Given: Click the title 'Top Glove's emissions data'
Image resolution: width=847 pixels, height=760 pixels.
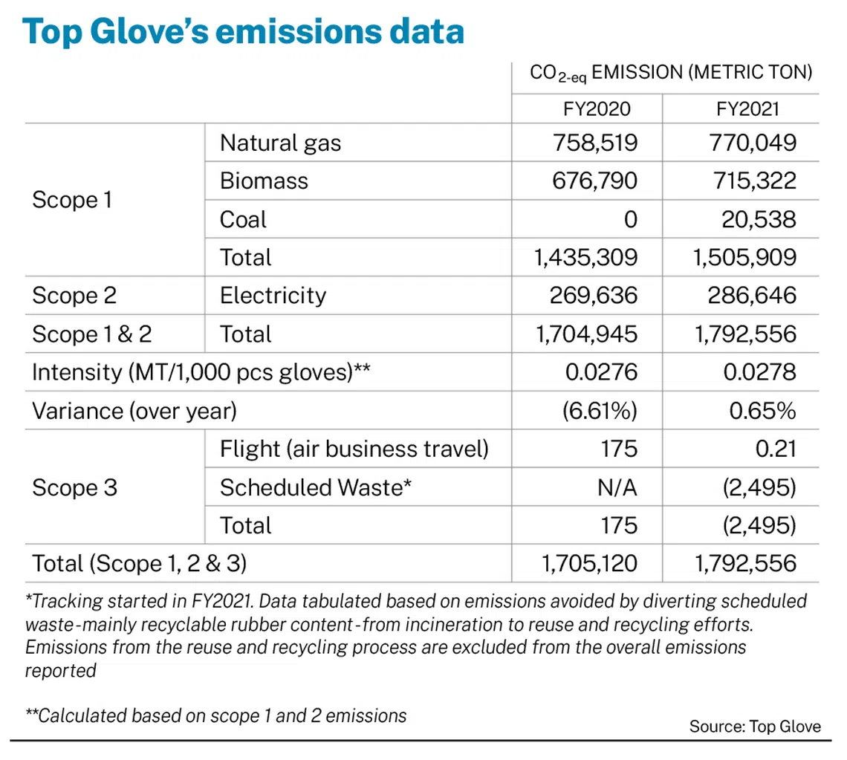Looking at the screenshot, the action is tap(243, 31).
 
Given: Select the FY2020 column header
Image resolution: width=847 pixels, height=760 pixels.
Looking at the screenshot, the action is tap(597, 109).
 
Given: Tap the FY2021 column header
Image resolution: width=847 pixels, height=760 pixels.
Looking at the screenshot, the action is tap(747, 109).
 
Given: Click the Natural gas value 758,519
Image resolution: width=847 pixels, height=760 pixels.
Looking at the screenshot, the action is tap(595, 143).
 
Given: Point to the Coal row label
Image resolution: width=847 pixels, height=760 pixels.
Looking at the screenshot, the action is tap(243, 219).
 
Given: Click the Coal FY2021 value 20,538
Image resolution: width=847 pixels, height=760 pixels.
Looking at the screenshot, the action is tap(759, 219).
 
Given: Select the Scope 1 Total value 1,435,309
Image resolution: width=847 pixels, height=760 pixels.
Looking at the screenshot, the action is tap(586, 258).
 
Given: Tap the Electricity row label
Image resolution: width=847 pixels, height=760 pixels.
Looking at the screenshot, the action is tap(273, 296).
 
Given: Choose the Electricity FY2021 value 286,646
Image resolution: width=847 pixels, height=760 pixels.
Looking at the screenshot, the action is tap(753, 296).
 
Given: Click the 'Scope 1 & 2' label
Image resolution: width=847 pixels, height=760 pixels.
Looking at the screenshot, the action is tap(92, 334).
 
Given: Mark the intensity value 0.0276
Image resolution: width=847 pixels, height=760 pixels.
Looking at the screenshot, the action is tap(602, 372).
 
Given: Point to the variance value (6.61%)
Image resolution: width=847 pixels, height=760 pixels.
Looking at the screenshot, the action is tap(600, 411).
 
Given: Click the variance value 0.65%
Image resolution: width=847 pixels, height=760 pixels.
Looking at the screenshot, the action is tap(763, 411).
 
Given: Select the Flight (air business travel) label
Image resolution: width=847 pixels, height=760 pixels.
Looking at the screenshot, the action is tap(354, 449).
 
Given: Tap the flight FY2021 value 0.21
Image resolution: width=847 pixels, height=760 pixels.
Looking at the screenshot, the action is tap(776, 449).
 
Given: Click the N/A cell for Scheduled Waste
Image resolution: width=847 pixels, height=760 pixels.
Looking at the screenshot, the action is tap(617, 488).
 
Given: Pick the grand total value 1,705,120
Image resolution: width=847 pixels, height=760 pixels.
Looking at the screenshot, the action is tap(590, 564).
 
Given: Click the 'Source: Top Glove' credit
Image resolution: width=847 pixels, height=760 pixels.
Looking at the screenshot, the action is tap(755, 727).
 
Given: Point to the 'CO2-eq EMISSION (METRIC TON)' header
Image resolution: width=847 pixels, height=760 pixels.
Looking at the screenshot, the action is tap(671, 73).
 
